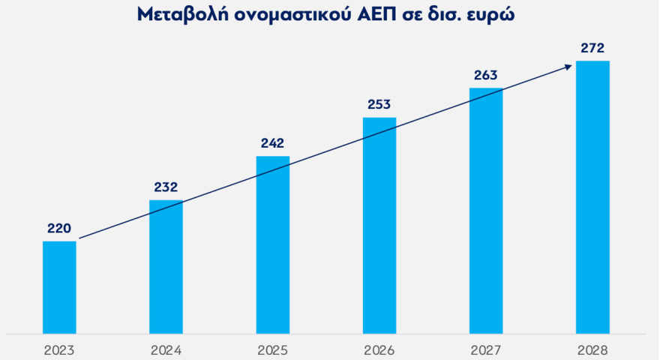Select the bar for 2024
coord(166,266)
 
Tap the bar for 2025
coord(272,244)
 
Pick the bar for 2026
coord(379,225)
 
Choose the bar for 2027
coord(485,211)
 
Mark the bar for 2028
coord(592,196)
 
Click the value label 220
coord(59,228)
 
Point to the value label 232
coord(166,187)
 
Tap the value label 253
coord(379,104)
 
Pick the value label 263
coord(485,75)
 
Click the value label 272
coord(592,48)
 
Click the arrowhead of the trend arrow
coord(569,66)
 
